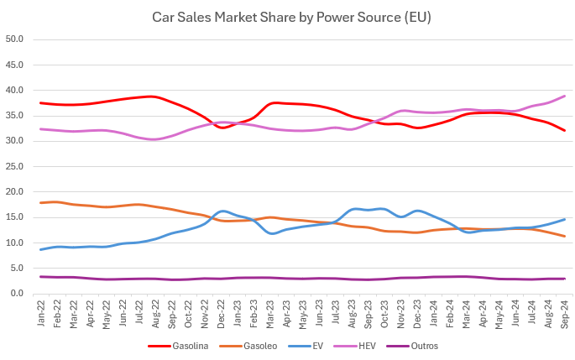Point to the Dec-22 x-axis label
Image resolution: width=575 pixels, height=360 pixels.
pos(222,314)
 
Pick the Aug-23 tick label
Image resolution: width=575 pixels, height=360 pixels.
pos(352,314)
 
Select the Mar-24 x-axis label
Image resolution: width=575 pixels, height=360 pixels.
pos(466,314)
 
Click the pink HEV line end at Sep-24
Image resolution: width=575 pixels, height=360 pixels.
pos(564,97)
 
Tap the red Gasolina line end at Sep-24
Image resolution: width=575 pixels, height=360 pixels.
pos(564,131)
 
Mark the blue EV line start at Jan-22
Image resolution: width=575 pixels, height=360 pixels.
pos(40,249)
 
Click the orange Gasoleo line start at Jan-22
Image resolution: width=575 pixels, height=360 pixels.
pos(40,203)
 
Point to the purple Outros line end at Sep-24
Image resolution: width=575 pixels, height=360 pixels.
pos(564,279)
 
